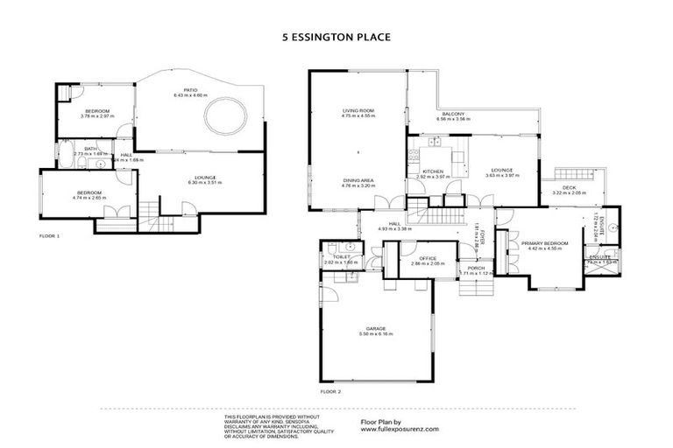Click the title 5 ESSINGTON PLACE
[336, 38]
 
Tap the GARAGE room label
[377, 329]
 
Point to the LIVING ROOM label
[358, 109]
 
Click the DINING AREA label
[358, 180]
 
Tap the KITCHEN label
[432, 171]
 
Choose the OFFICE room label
[428, 258]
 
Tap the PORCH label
[476, 267]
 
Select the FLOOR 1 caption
[52, 236]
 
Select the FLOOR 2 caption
[331, 391]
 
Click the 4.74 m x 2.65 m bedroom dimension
[90, 199]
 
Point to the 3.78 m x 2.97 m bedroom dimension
[96, 116]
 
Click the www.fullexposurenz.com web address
[400, 430]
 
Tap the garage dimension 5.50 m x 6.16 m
[377, 335]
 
